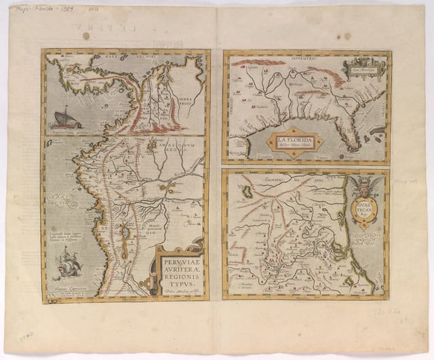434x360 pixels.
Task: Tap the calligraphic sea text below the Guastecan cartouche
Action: [x=367, y=239]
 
